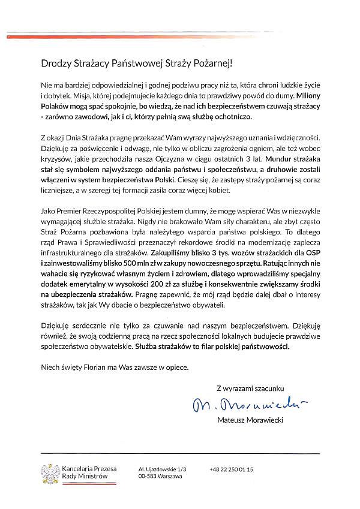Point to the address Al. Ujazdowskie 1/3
163,468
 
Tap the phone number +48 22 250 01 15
232,468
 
